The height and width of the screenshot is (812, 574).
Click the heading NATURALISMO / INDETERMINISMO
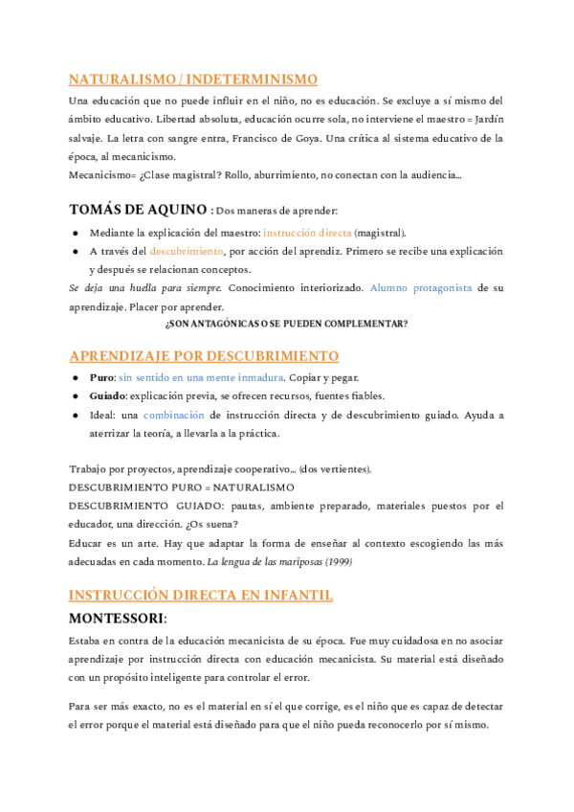tap(193, 79)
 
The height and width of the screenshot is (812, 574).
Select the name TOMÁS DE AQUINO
tap(138, 210)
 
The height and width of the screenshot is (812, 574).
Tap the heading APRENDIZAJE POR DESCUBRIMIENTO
tap(204, 356)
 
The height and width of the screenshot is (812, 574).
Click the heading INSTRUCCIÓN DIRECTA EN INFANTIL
tap(201, 595)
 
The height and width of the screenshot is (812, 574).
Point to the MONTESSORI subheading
tap(118, 618)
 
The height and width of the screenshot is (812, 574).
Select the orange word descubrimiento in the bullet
tap(187, 251)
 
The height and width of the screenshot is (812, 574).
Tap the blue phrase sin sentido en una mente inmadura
tap(207, 377)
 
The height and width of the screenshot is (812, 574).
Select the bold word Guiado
tap(108, 395)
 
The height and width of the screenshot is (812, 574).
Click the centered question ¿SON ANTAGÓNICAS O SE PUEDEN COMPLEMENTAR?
tap(286, 324)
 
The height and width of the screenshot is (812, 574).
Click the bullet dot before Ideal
tap(76, 416)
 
